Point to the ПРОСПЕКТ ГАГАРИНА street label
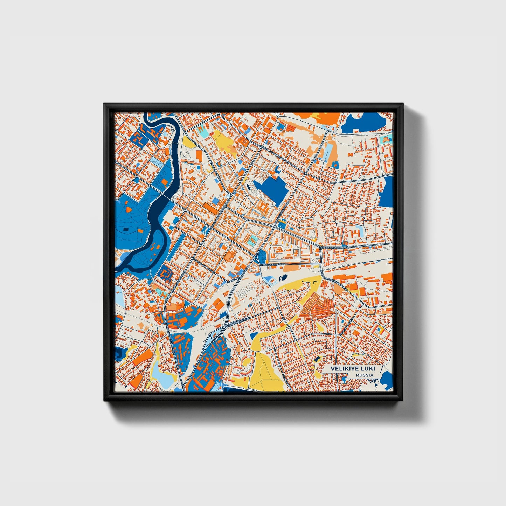tap(335, 247)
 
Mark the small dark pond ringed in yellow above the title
tap(318, 359)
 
